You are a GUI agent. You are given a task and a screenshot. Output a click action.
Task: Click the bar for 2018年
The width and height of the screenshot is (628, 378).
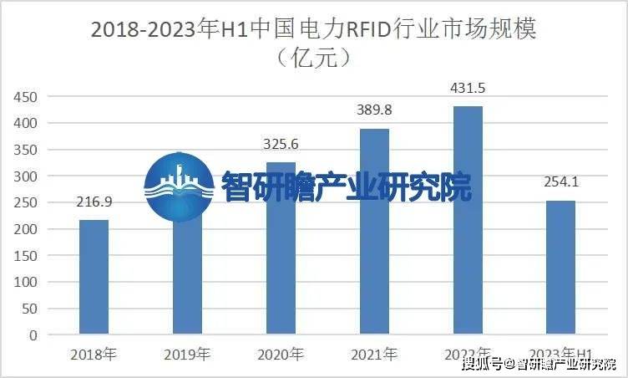[x=94, y=277]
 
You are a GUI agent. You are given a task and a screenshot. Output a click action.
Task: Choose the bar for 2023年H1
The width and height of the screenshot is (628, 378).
[x=561, y=268]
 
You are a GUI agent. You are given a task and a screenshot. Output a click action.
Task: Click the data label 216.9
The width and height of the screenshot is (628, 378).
[x=94, y=203]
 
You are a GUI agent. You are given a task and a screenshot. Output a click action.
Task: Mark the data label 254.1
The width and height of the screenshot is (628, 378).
[x=561, y=183]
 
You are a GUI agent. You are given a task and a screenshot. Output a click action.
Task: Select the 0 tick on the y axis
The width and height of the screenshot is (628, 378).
[x=33, y=335]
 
